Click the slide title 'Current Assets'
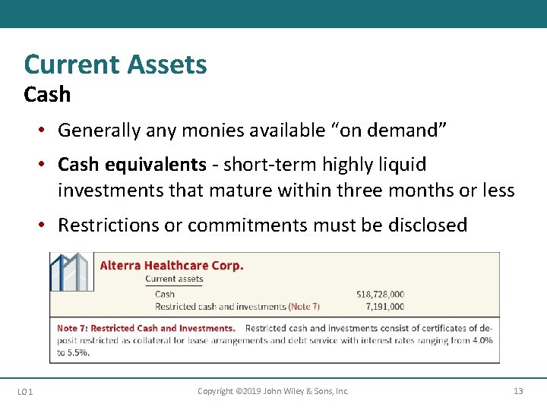pos(115,65)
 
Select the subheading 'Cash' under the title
pos(47,95)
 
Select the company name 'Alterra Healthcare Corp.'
pos(172,266)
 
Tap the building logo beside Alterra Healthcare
pos(71,272)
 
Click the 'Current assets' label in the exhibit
pos(175,279)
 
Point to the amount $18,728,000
pos(380,294)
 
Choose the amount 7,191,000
pos(384,307)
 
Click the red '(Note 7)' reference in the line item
pos(304,307)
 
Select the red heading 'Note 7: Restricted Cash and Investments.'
pos(146,329)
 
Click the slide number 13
pos(518,391)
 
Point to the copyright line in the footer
pos(273,391)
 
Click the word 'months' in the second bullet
pos(422,190)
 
